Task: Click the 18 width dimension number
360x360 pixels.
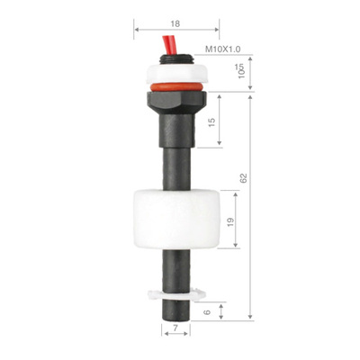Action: pos(175,23)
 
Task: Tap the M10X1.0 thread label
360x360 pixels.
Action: pos(222,49)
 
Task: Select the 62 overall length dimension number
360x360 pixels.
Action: pos(243,178)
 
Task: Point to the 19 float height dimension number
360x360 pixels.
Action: pos(230,222)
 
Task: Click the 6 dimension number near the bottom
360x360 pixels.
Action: pos(207,312)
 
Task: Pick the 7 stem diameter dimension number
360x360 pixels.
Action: pos(175,328)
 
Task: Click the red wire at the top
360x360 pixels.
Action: pos(169,45)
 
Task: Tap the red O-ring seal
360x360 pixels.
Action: pos(176,87)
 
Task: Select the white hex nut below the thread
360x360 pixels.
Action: pos(176,74)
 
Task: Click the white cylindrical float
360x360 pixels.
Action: pos(176,220)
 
